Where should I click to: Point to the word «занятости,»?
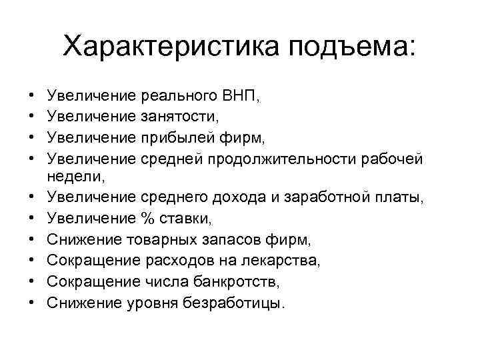tap(181, 118)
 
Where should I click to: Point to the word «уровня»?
tap(150, 303)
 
